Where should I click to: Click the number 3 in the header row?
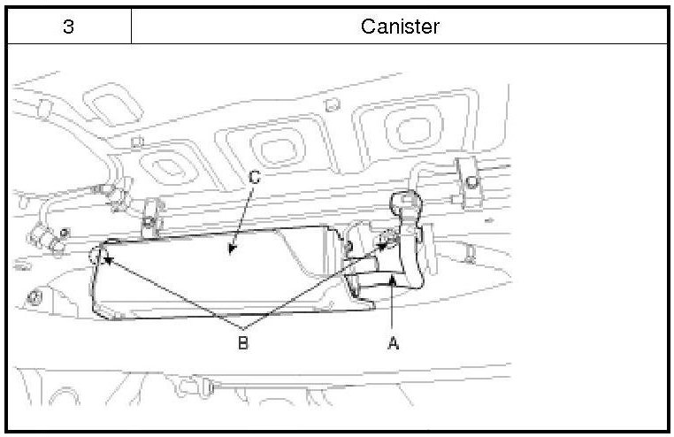(68, 27)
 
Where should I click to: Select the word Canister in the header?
(400, 27)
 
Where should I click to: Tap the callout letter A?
(394, 344)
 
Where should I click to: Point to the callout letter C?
(253, 179)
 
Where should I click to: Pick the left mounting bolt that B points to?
(99, 257)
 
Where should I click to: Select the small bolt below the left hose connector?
(34, 295)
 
